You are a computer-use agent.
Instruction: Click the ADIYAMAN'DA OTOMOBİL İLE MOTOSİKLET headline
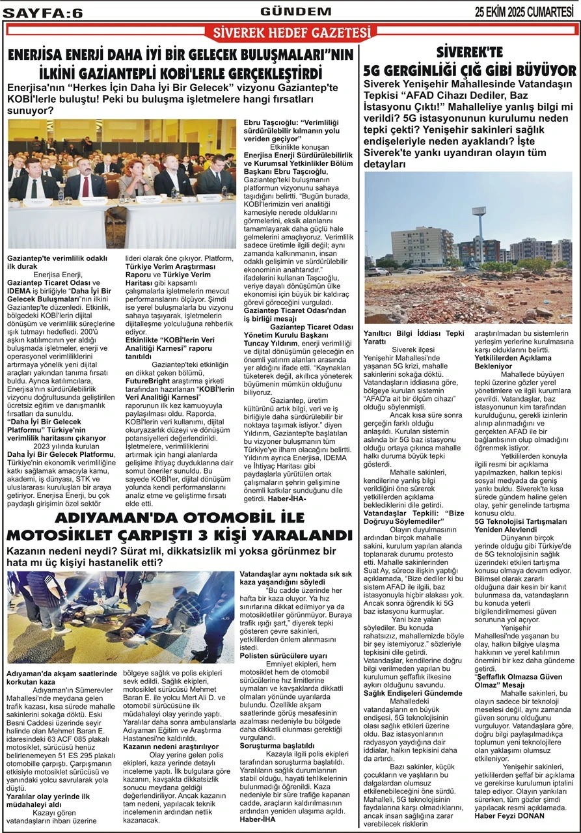[x=183, y=527]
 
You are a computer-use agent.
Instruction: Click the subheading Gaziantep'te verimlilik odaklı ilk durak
[x=57, y=262]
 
